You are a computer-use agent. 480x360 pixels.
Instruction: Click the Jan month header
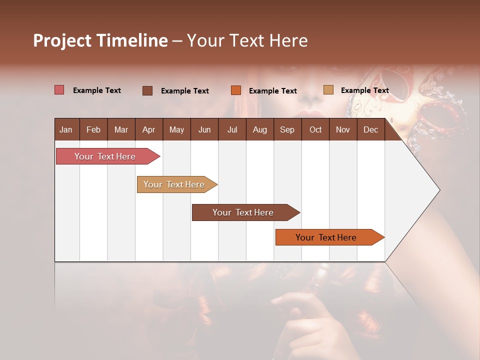pos(66,129)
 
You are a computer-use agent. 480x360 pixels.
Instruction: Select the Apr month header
pos(148,129)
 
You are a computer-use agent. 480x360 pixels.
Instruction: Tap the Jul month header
pos(232,129)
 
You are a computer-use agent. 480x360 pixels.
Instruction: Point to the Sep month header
pos(287,129)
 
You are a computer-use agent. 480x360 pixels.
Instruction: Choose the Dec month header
pos(370,129)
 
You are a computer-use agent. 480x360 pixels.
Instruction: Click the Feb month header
pos(93,129)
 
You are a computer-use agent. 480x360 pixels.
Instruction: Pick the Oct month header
pos(315,129)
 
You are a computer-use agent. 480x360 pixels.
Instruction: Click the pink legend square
pos(59,90)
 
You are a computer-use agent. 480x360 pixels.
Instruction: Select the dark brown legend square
pos(147,90)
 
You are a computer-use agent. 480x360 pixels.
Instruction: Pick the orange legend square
pos(236,90)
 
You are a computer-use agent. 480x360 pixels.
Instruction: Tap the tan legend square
pos(328,90)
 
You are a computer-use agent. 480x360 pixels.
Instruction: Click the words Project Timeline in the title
pos(100,40)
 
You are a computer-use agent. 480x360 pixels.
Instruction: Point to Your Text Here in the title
pos(247,40)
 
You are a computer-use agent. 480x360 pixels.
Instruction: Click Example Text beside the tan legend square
pos(364,90)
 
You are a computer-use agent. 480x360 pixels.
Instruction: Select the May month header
pos(176,129)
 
